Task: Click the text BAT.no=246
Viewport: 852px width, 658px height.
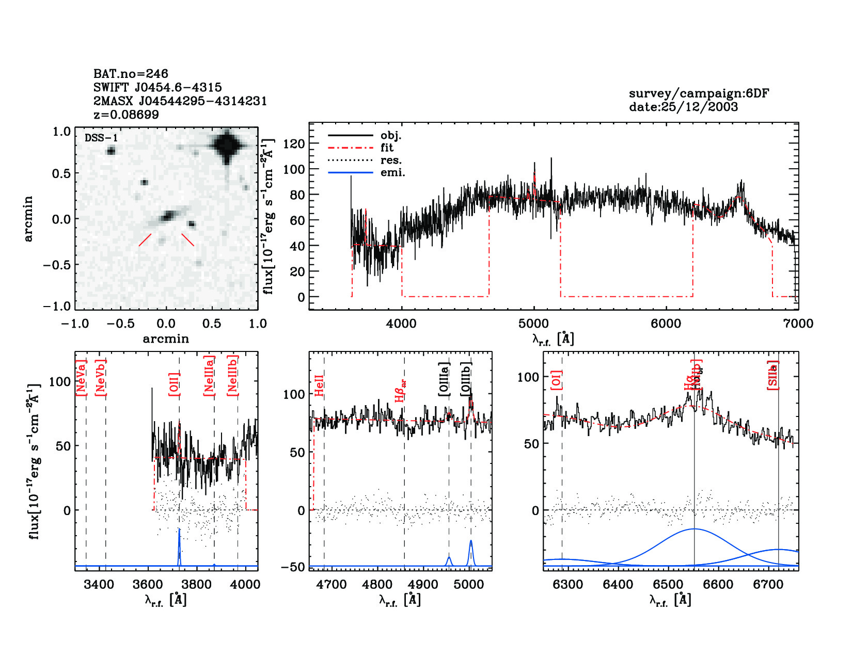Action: point(131,74)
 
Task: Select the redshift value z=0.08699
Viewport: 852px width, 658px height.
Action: point(126,115)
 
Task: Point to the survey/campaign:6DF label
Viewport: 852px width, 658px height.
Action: point(699,93)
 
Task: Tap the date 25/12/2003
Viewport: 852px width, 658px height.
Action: point(683,107)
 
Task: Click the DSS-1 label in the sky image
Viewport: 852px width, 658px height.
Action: point(101,138)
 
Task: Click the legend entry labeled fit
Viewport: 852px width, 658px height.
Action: point(387,148)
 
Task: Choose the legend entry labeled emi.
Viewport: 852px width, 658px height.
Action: point(392,172)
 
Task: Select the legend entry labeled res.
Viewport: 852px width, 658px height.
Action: point(391,160)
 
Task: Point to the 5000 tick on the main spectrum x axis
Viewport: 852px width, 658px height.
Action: point(533,324)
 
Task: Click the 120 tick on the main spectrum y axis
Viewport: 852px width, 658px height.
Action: point(294,144)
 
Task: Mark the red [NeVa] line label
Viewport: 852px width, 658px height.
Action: point(81,378)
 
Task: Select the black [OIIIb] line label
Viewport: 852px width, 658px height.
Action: point(466,379)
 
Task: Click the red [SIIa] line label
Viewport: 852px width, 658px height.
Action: point(772,375)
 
